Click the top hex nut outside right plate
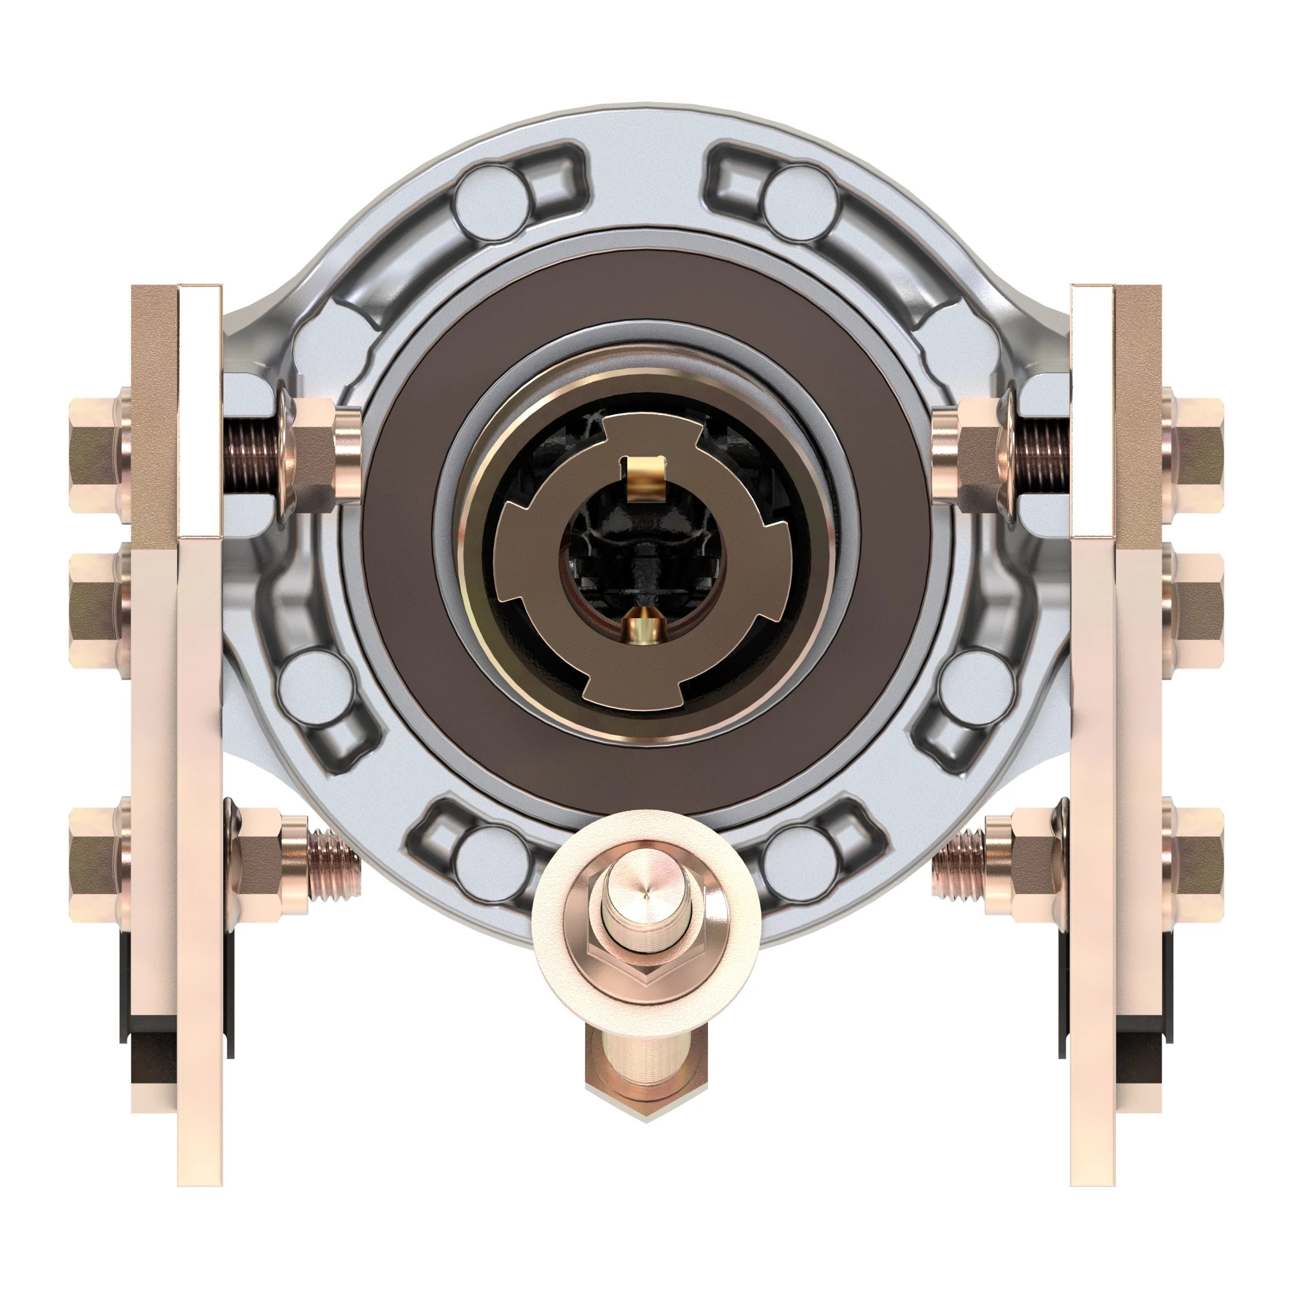(x=1195, y=454)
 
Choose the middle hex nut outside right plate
(x=1195, y=610)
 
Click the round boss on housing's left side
(x=315, y=686)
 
